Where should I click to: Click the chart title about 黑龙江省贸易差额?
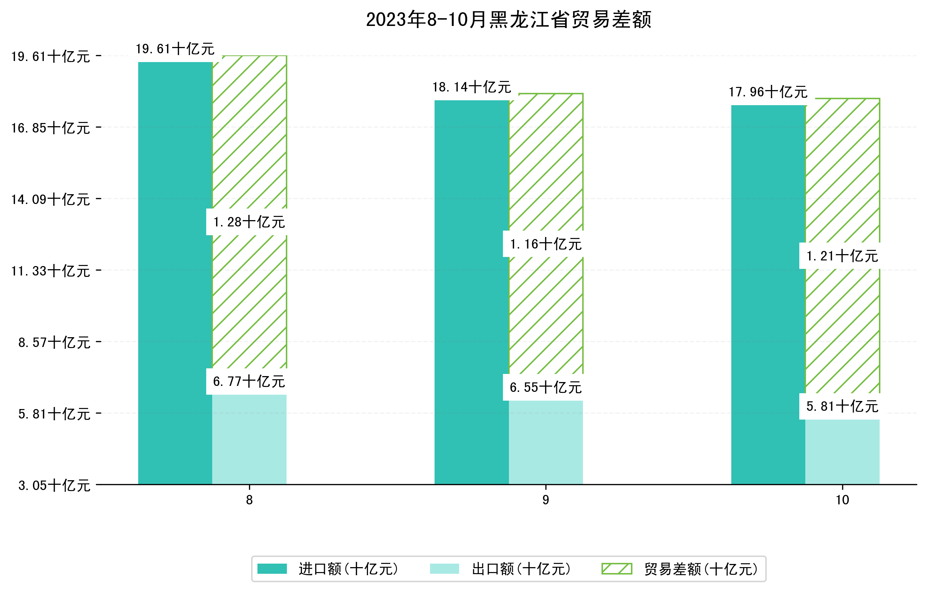pos(508,20)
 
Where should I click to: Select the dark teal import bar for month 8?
pos(175,273)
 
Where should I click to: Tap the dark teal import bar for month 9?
pos(472,292)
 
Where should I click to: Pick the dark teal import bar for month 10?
pos(768,295)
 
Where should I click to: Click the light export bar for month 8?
pos(249,439)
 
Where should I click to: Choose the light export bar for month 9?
pos(546,442)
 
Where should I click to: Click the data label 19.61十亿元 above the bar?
pos(175,49)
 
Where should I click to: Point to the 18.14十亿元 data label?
pos(472,87)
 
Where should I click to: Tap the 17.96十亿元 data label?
pos(768,92)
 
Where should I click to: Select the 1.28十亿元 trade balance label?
pos(249,222)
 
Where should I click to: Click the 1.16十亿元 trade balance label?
pos(545,244)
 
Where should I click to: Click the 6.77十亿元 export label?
pos(249,382)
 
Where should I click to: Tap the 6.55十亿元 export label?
pos(545,387)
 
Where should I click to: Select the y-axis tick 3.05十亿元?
pos(54,485)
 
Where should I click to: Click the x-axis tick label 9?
pos(545,500)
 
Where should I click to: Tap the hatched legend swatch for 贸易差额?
pos(617,569)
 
